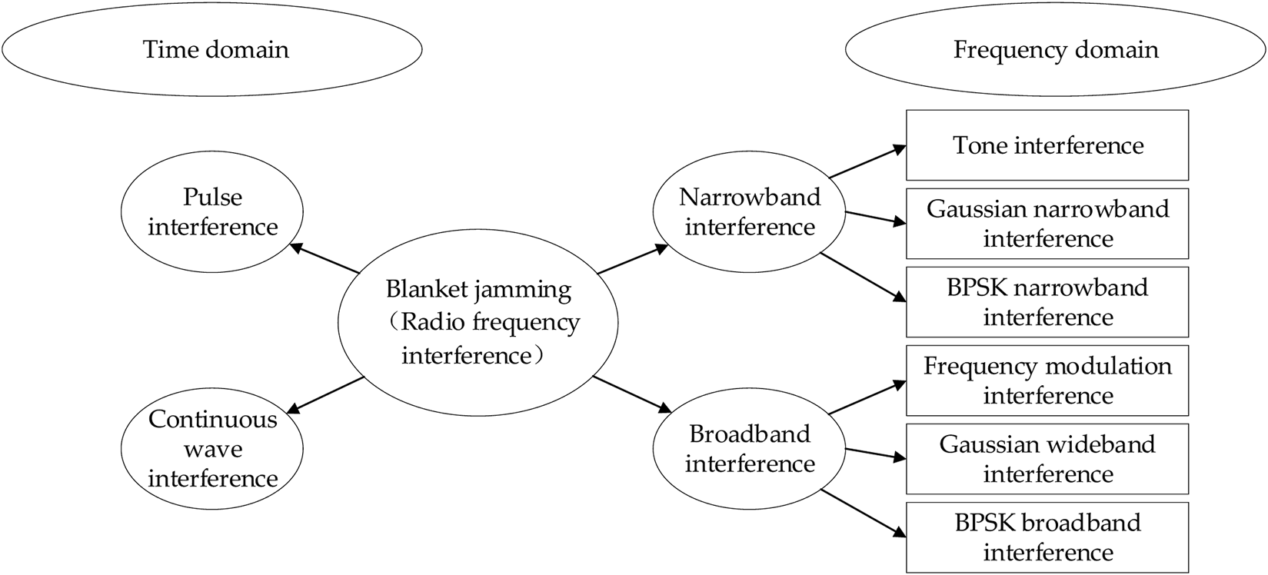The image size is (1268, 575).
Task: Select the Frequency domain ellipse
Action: pos(1055,50)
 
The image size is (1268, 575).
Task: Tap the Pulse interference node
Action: pos(212,212)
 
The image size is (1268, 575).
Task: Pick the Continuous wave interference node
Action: pos(212,449)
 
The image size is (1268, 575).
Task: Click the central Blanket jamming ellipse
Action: pos(478,323)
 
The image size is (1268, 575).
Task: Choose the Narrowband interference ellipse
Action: pos(750,212)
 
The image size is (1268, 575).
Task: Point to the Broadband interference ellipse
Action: pos(750,449)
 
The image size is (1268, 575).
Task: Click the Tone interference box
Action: pos(1047,145)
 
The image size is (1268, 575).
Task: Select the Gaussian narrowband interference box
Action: pos(1047,224)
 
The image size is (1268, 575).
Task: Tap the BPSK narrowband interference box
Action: pos(1047,302)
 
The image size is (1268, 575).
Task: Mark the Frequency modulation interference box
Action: pos(1047,381)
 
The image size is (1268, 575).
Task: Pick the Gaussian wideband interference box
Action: pos(1047,459)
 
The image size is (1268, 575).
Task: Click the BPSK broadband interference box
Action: pos(1047,537)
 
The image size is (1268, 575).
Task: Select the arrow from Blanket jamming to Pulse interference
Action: pos(324,259)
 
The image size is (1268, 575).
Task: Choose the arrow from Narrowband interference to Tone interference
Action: pos(867,162)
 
